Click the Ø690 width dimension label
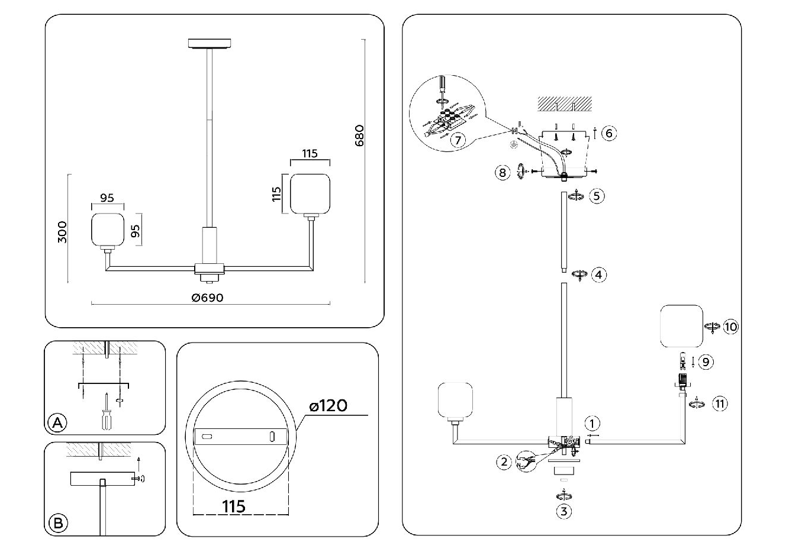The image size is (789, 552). [208, 298]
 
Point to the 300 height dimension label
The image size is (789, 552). [64, 231]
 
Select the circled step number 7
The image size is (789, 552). [456, 140]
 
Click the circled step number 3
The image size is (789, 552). [564, 511]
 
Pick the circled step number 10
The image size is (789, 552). [731, 326]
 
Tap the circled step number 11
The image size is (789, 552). [720, 403]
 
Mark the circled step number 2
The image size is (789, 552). [504, 461]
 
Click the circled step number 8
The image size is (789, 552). [502, 172]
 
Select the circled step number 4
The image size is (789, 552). [600, 275]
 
